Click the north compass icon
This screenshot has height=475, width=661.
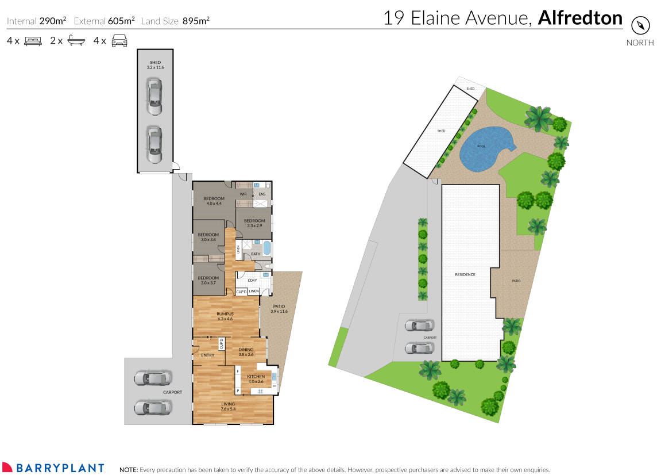640,26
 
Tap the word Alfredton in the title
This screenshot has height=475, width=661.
580,18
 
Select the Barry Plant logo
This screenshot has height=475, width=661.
53,468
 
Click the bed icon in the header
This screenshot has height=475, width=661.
33,41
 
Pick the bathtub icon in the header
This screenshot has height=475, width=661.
76,41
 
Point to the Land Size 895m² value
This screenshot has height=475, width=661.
196,21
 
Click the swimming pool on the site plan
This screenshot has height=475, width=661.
484,148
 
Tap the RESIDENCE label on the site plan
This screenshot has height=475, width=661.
465,274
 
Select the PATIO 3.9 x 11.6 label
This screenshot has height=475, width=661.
278,309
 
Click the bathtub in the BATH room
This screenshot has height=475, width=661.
266,248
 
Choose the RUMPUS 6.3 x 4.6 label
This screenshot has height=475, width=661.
225,316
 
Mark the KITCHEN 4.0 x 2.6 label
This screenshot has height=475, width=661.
256,379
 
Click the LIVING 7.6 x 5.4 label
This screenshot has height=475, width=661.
228,407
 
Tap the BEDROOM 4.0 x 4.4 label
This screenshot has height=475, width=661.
214,201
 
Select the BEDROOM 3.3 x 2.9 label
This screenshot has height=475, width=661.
254,223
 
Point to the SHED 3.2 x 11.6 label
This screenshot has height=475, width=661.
155,65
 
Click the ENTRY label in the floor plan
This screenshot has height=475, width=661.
207,355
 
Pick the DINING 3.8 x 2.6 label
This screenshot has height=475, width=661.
246,352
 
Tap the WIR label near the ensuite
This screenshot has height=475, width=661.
243,194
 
